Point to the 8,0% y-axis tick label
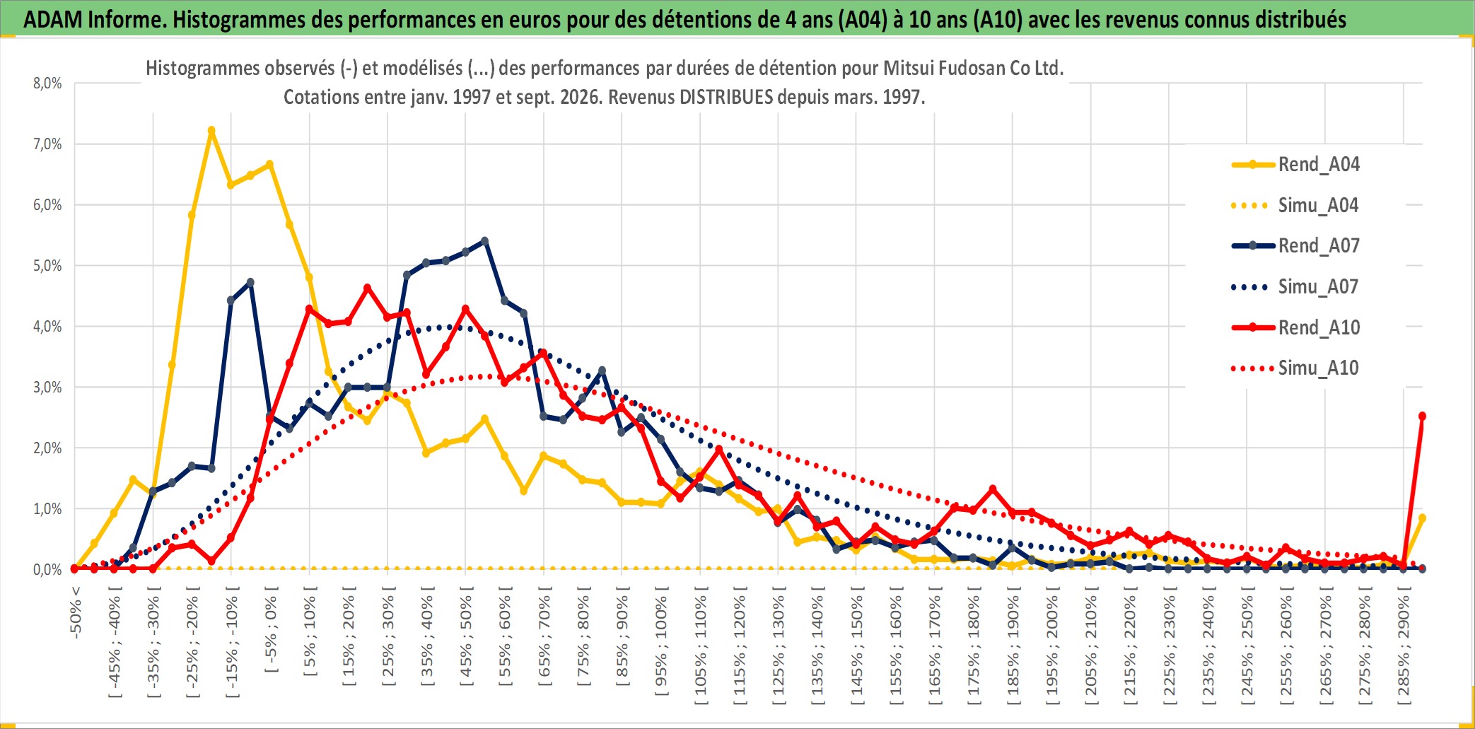point(47,83)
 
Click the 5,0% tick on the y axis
point(47,266)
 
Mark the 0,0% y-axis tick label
point(47,570)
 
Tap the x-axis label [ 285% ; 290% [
point(1404,649)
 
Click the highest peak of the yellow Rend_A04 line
point(211,131)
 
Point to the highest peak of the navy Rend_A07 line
point(484,241)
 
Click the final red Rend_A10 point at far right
point(1422,416)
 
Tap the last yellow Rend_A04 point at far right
point(1422,518)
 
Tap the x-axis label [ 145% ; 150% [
point(856,649)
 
